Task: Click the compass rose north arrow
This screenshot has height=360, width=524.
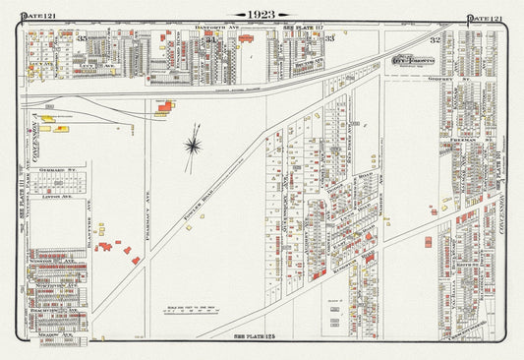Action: tap(194, 146)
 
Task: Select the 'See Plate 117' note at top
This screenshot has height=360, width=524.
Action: tap(299, 28)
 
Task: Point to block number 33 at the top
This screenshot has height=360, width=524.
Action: tap(330, 38)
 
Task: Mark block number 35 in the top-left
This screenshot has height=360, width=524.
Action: tap(83, 38)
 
